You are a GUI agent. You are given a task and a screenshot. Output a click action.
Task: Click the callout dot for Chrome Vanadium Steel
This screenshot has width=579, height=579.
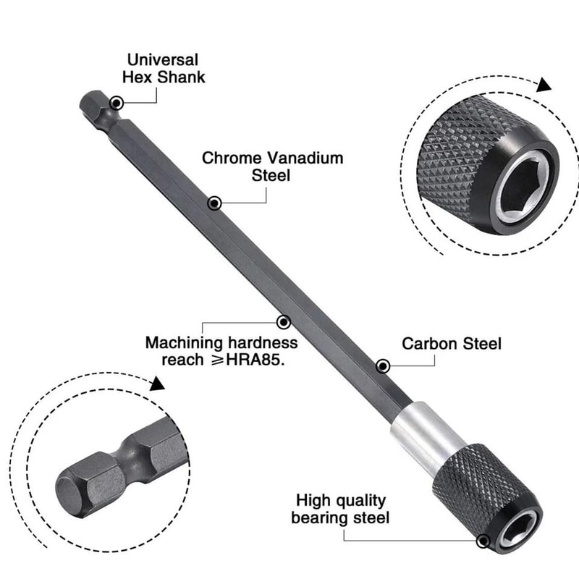point(214,204)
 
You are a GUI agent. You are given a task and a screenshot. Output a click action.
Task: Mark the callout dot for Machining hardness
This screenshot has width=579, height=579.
point(284,321)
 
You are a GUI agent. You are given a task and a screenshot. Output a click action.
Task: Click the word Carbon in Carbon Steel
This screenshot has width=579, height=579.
point(428,343)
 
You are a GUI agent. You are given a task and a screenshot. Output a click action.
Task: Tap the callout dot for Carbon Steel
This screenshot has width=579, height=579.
point(384,366)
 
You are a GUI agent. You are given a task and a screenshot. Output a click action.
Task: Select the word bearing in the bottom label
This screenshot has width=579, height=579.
point(318,518)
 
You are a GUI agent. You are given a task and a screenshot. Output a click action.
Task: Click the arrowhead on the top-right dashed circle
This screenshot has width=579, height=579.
point(544,85)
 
